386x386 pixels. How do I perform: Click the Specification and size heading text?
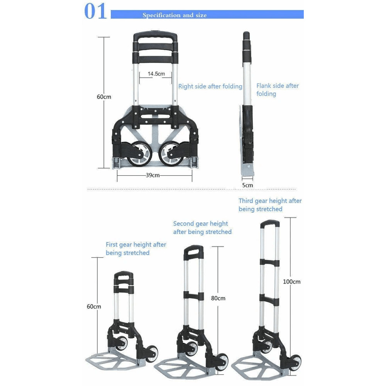pos(174,15)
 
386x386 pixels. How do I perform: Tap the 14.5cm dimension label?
pos(156,73)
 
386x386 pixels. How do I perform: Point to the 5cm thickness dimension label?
pos(247,185)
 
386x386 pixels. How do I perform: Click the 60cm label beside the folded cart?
pos(104,97)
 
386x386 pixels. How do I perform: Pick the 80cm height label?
pos(218,298)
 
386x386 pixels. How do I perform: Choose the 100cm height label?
pos(291,282)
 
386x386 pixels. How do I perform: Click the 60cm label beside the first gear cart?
pos(94,306)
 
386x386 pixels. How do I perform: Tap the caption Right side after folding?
pos(210,86)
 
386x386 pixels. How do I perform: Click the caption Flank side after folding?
pos(277,90)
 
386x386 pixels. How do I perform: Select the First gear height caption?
pos(136,249)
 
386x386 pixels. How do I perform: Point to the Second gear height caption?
pos(202,228)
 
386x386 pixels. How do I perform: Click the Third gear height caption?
pos(270,205)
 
